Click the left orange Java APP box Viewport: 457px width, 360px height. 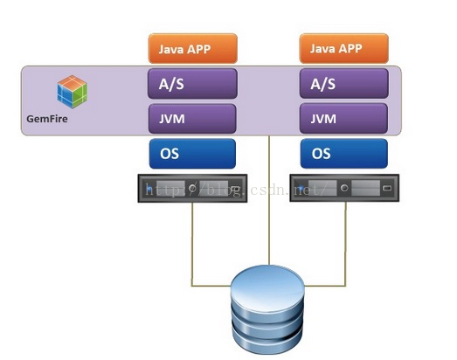pyautogui.click(x=192, y=49)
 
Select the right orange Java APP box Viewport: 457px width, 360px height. pyautogui.click(x=344, y=49)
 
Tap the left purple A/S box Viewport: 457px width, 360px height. pyautogui.click(x=192, y=84)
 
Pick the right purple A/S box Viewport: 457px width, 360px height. pyautogui.click(x=344, y=84)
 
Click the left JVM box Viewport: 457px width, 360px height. pyautogui.click(x=192, y=119)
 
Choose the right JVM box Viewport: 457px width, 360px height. pyautogui.click(x=344, y=119)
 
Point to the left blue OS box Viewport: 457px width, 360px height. pyautogui.click(x=192, y=154)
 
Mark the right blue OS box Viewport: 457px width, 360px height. pyautogui.click(x=344, y=154)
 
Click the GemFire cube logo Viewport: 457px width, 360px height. pyautogui.click(x=72, y=92)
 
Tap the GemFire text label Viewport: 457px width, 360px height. pyautogui.click(x=47, y=119)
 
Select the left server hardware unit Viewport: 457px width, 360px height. pyautogui.click(x=192, y=188)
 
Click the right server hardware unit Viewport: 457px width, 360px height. pyautogui.click(x=344, y=188)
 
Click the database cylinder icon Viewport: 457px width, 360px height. pyautogui.click(x=267, y=309)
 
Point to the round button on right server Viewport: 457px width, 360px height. pyautogui.click(x=344, y=188)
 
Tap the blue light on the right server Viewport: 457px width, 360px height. pyautogui.click(x=301, y=188)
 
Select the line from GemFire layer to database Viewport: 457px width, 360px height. pyautogui.click(x=269, y=200)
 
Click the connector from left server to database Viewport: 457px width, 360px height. pyautogui.click(x=192, y=261)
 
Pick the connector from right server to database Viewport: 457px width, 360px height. pyautogui.click(x=345, y=261)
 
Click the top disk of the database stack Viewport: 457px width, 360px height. pyautogui.click(x=267, y=287)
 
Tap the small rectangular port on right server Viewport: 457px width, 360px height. pyautogui.click(x=387, y=188)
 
